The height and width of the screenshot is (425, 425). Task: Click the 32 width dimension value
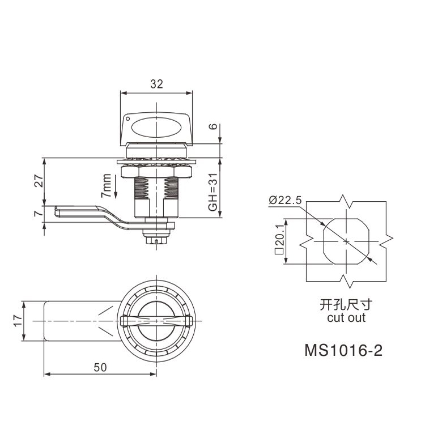(156, 84)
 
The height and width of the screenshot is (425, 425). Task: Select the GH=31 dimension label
(213, 192)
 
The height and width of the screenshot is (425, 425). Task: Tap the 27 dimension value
(39, 181)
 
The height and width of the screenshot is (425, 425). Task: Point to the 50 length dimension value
(100, 367)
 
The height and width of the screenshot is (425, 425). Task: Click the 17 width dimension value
(18, 321)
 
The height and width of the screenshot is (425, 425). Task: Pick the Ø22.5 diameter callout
(285, 200)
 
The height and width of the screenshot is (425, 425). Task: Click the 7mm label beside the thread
(106, 186)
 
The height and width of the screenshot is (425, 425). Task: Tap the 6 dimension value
(214, 126)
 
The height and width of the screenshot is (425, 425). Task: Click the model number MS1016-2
(343, 350)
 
